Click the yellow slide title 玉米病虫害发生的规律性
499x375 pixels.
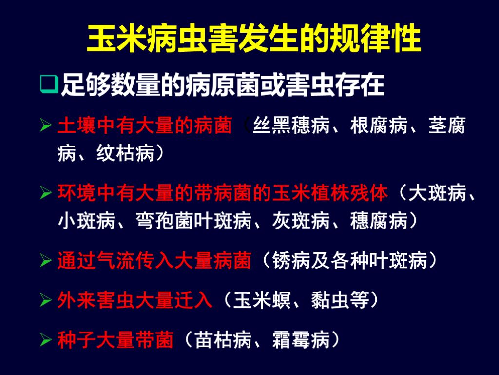(254, 39)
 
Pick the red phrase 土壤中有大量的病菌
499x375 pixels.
(145, 126)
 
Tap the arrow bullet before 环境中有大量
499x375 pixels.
(46, 194)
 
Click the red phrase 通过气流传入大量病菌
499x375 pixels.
(154, 260)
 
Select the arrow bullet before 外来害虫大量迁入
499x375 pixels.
(46, 299)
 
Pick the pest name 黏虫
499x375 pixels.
(330, 299)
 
